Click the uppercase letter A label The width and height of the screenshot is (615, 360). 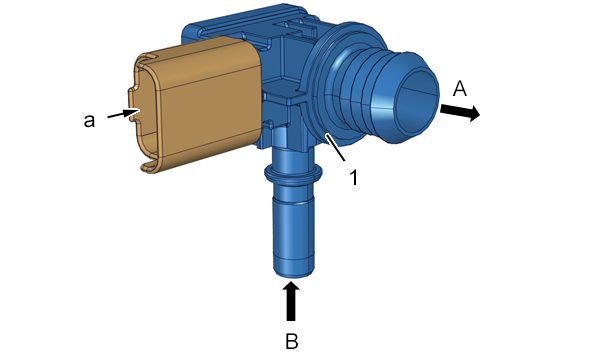coord(460,88)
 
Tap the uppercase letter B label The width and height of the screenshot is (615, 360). coord(291,341)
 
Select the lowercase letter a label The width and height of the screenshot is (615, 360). coord(89,121)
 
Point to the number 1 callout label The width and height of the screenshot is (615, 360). coord(354,177)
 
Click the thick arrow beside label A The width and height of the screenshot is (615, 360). coord(460,112)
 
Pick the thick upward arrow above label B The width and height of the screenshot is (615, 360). coord(291,301)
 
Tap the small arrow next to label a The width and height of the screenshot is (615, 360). coord(123,114)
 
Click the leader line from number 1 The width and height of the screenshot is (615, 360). coord(335,147)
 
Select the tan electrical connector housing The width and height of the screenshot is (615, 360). coord(198,104)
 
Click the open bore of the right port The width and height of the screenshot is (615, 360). coord(418,102)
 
